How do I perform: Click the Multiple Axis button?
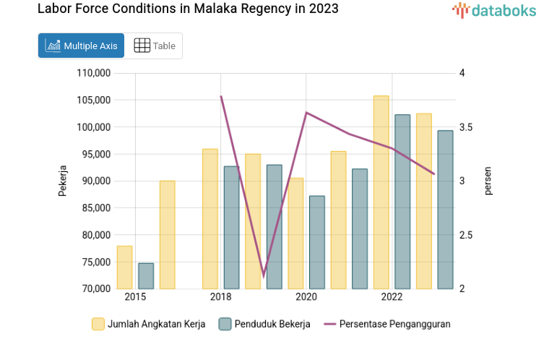(x=81, y=46)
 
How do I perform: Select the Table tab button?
(x=155, y=46)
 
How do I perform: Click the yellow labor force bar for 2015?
(x=124, y=267)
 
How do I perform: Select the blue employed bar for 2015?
(x=146, y=276)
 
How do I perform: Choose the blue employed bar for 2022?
(x=402, y=202)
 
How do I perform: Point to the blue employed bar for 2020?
(x=316, y=242)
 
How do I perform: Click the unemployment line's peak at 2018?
(x=220, y=96)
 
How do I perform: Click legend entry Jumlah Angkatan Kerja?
(x=149, y=324)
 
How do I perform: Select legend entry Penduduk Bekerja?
(x=264, y=324)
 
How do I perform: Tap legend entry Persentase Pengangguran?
(x=387, y=324)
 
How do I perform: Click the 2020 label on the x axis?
(x=306, y=297)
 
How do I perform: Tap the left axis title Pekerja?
(x=62, y=181)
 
